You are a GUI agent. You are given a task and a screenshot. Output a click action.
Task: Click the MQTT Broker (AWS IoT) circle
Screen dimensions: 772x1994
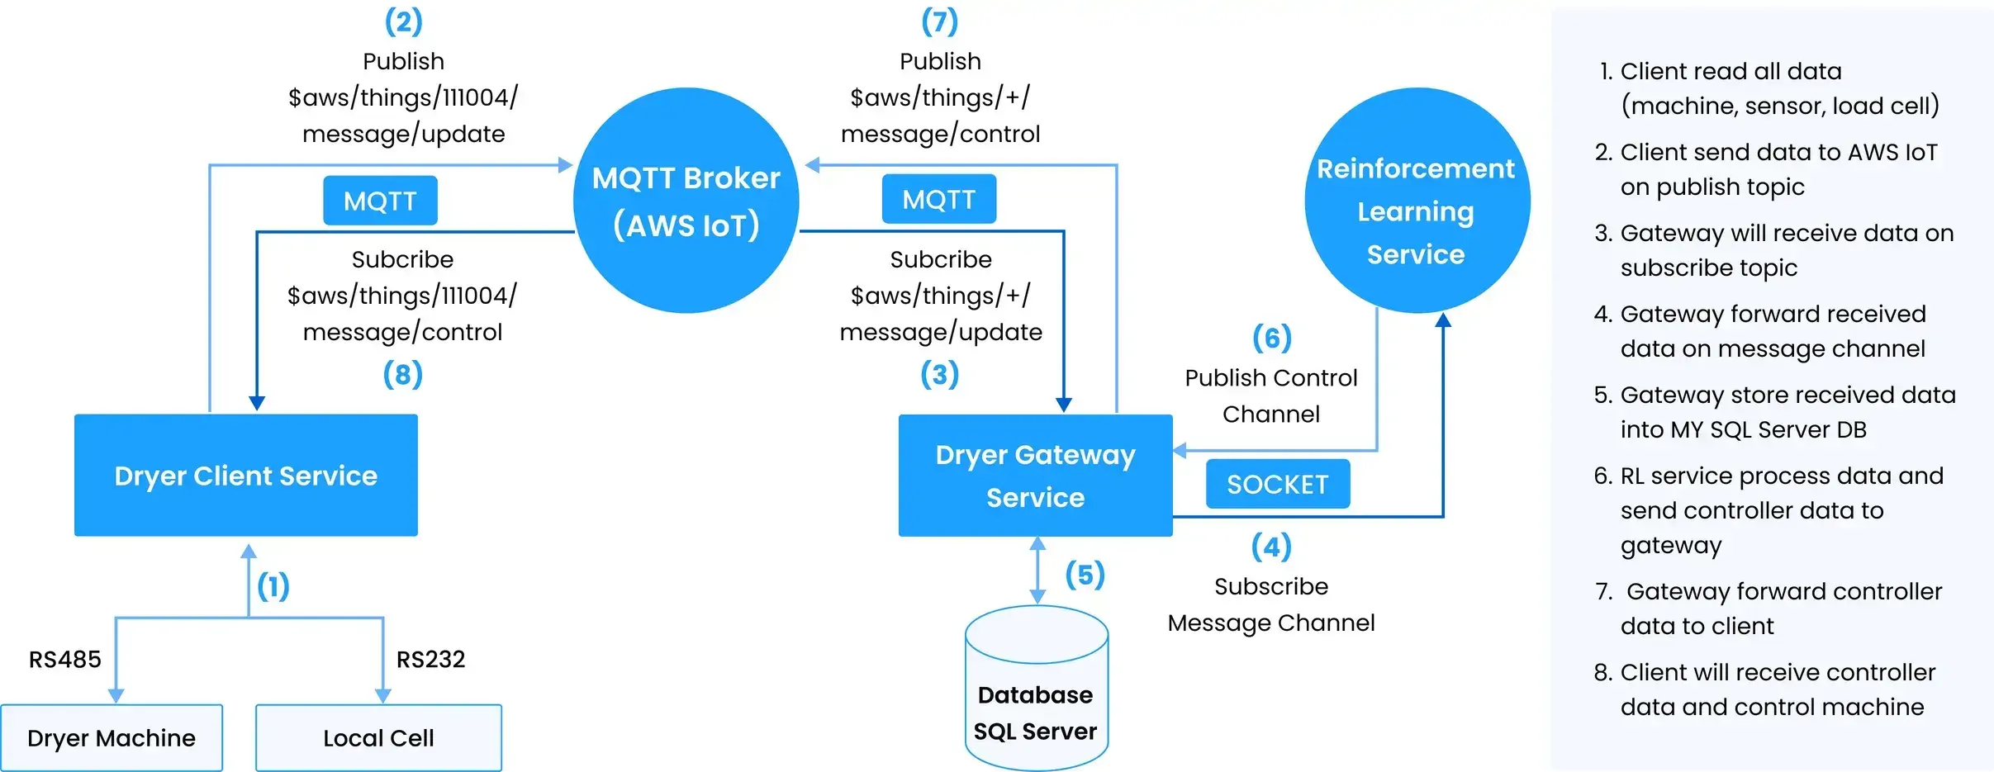[686, 201]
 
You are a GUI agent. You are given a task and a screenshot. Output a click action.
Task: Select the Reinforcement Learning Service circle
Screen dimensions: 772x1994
[1417, 201]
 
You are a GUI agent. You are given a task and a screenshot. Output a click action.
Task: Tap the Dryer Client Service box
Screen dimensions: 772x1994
[245, 476]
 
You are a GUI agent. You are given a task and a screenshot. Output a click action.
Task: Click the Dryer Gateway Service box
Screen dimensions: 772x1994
[1035, 476]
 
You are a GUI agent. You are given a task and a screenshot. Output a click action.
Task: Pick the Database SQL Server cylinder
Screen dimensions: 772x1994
[1036, 694]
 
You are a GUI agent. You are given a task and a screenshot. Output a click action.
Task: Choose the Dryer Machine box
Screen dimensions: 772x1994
[112, 737]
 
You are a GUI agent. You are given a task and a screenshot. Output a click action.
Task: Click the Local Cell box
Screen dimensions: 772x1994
[378, 737]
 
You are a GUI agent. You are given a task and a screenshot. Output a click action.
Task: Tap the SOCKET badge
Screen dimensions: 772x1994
[1277, 484]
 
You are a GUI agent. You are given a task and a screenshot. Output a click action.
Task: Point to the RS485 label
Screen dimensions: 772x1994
[65, 659]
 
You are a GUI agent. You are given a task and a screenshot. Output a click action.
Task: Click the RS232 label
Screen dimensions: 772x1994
[430, 659]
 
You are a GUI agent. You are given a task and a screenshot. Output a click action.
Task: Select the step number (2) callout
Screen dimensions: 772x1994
[403, 21]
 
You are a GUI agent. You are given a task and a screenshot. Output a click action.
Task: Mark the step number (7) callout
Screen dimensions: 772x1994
[940, 21]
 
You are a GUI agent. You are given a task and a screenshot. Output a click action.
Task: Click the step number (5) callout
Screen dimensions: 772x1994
[1085, 575]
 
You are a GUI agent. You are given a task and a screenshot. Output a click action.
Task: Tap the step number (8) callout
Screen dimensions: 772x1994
[402, 374]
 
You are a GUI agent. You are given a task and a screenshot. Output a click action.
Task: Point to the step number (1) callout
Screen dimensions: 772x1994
[273, 586]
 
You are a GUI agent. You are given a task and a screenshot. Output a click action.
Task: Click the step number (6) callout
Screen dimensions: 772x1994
[1271, 338]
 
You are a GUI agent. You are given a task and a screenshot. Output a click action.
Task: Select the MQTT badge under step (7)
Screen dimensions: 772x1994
[938, 199]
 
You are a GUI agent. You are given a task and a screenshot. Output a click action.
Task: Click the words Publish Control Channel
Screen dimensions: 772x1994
[1270, 395]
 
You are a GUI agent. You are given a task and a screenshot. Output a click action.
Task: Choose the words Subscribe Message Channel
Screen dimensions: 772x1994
[1270, 604]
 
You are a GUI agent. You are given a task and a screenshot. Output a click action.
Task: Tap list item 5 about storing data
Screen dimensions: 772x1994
[1774, 412]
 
